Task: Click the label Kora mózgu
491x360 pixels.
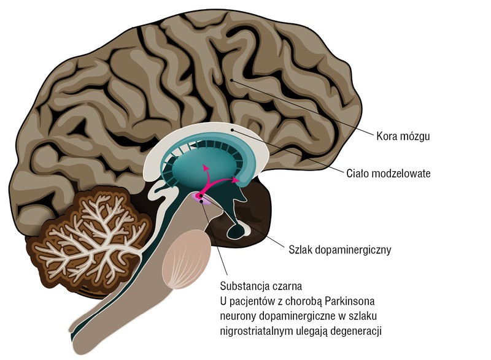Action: click(x=403, y=136)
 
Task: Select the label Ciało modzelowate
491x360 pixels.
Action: click(x=389, y=174)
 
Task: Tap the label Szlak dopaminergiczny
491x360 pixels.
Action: click(x=340, y=250)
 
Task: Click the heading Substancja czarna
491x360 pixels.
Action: click(x=261, y=286)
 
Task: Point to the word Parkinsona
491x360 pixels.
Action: click(x=350, y=301)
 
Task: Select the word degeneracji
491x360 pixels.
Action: click(x=356, y=331)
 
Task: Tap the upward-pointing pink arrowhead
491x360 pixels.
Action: click(x=206, y=167)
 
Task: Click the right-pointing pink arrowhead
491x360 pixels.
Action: click(x=236, y=180)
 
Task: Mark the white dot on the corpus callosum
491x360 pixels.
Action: click(x=232, y=129)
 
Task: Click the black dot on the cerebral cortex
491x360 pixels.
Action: click(x=231, y=80)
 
